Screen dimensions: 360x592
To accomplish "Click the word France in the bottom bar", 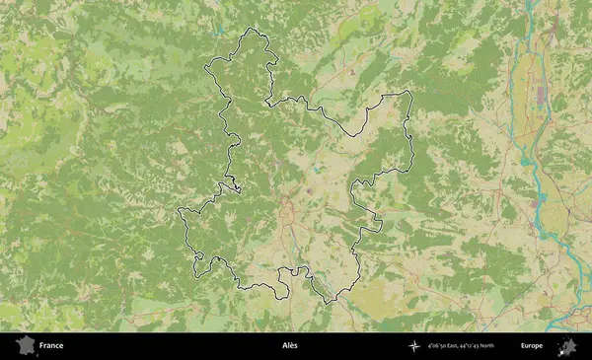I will tap(50, 346).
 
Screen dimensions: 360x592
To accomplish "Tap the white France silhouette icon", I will tap(23, 346).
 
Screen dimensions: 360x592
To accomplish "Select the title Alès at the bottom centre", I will tap(289, 346).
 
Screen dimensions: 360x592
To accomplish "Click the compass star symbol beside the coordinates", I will tap(414, 346).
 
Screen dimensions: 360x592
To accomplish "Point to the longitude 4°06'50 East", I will tap(446, 346).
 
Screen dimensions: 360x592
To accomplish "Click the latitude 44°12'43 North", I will tap(479, 346).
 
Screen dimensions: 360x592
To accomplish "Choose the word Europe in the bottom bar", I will tap(532, 346).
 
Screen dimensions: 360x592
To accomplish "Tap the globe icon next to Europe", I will tap(567, 346).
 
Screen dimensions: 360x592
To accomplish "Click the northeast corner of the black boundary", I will tap(408, 93).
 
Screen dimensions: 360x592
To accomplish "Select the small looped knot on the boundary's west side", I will tap(235, 186).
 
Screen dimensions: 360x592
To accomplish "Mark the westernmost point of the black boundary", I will tap(178, 211).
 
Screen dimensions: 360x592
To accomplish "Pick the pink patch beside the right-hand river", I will tap(539, 203).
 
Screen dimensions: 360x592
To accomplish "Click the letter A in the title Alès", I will tap(283, 346).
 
